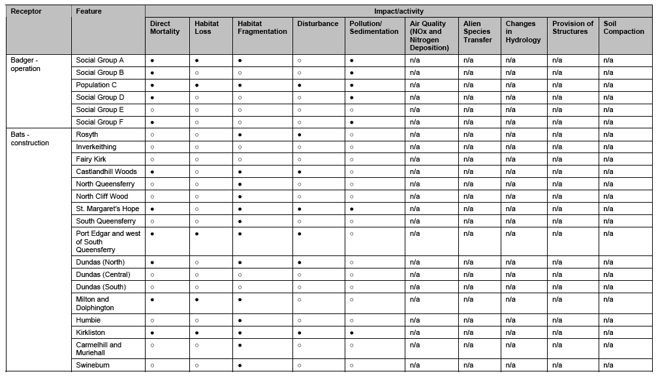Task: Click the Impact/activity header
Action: [398, 12]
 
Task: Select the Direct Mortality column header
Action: [164, 27]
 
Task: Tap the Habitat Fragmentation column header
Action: [262, 27]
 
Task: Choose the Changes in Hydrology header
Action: [523, 31]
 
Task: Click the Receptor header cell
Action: [26, 12]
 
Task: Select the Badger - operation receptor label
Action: [26, 65]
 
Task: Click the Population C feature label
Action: [97, 85]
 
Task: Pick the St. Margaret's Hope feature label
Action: [107, 209]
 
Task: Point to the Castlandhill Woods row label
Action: [106, 171]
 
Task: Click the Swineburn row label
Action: [93, 366]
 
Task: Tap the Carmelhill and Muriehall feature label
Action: [99, 349]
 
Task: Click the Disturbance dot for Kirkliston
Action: [299, 332]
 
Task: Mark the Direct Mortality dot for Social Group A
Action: [152, 60]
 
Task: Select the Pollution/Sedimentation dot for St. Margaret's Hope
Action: [352, 209]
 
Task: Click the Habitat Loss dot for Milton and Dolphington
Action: [196, 299]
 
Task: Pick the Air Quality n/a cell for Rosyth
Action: [415, 134]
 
